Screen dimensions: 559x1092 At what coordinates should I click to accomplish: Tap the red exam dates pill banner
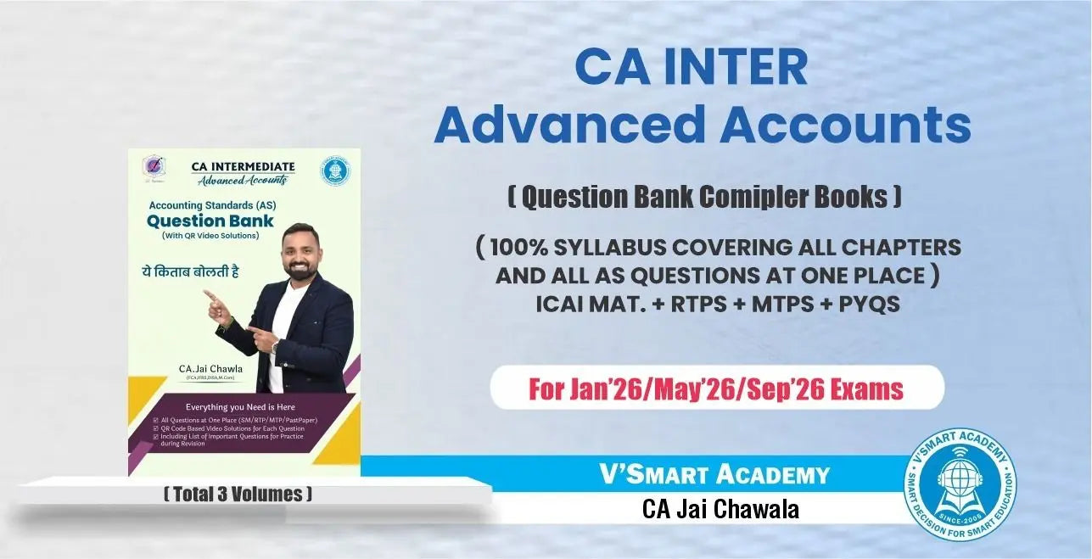click(716, 389)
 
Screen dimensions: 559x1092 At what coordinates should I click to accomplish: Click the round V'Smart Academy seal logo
click(960, 484)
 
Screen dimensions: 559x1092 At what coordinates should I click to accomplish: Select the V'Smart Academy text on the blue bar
click(714, 472)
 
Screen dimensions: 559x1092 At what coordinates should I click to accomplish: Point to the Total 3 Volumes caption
click(238, 494)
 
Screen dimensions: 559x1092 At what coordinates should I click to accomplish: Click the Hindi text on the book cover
click(191, 273)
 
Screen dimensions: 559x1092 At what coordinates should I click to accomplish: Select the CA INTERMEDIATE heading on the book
click(243, 167)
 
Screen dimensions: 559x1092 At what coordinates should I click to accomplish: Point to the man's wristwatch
click(274, 345)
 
